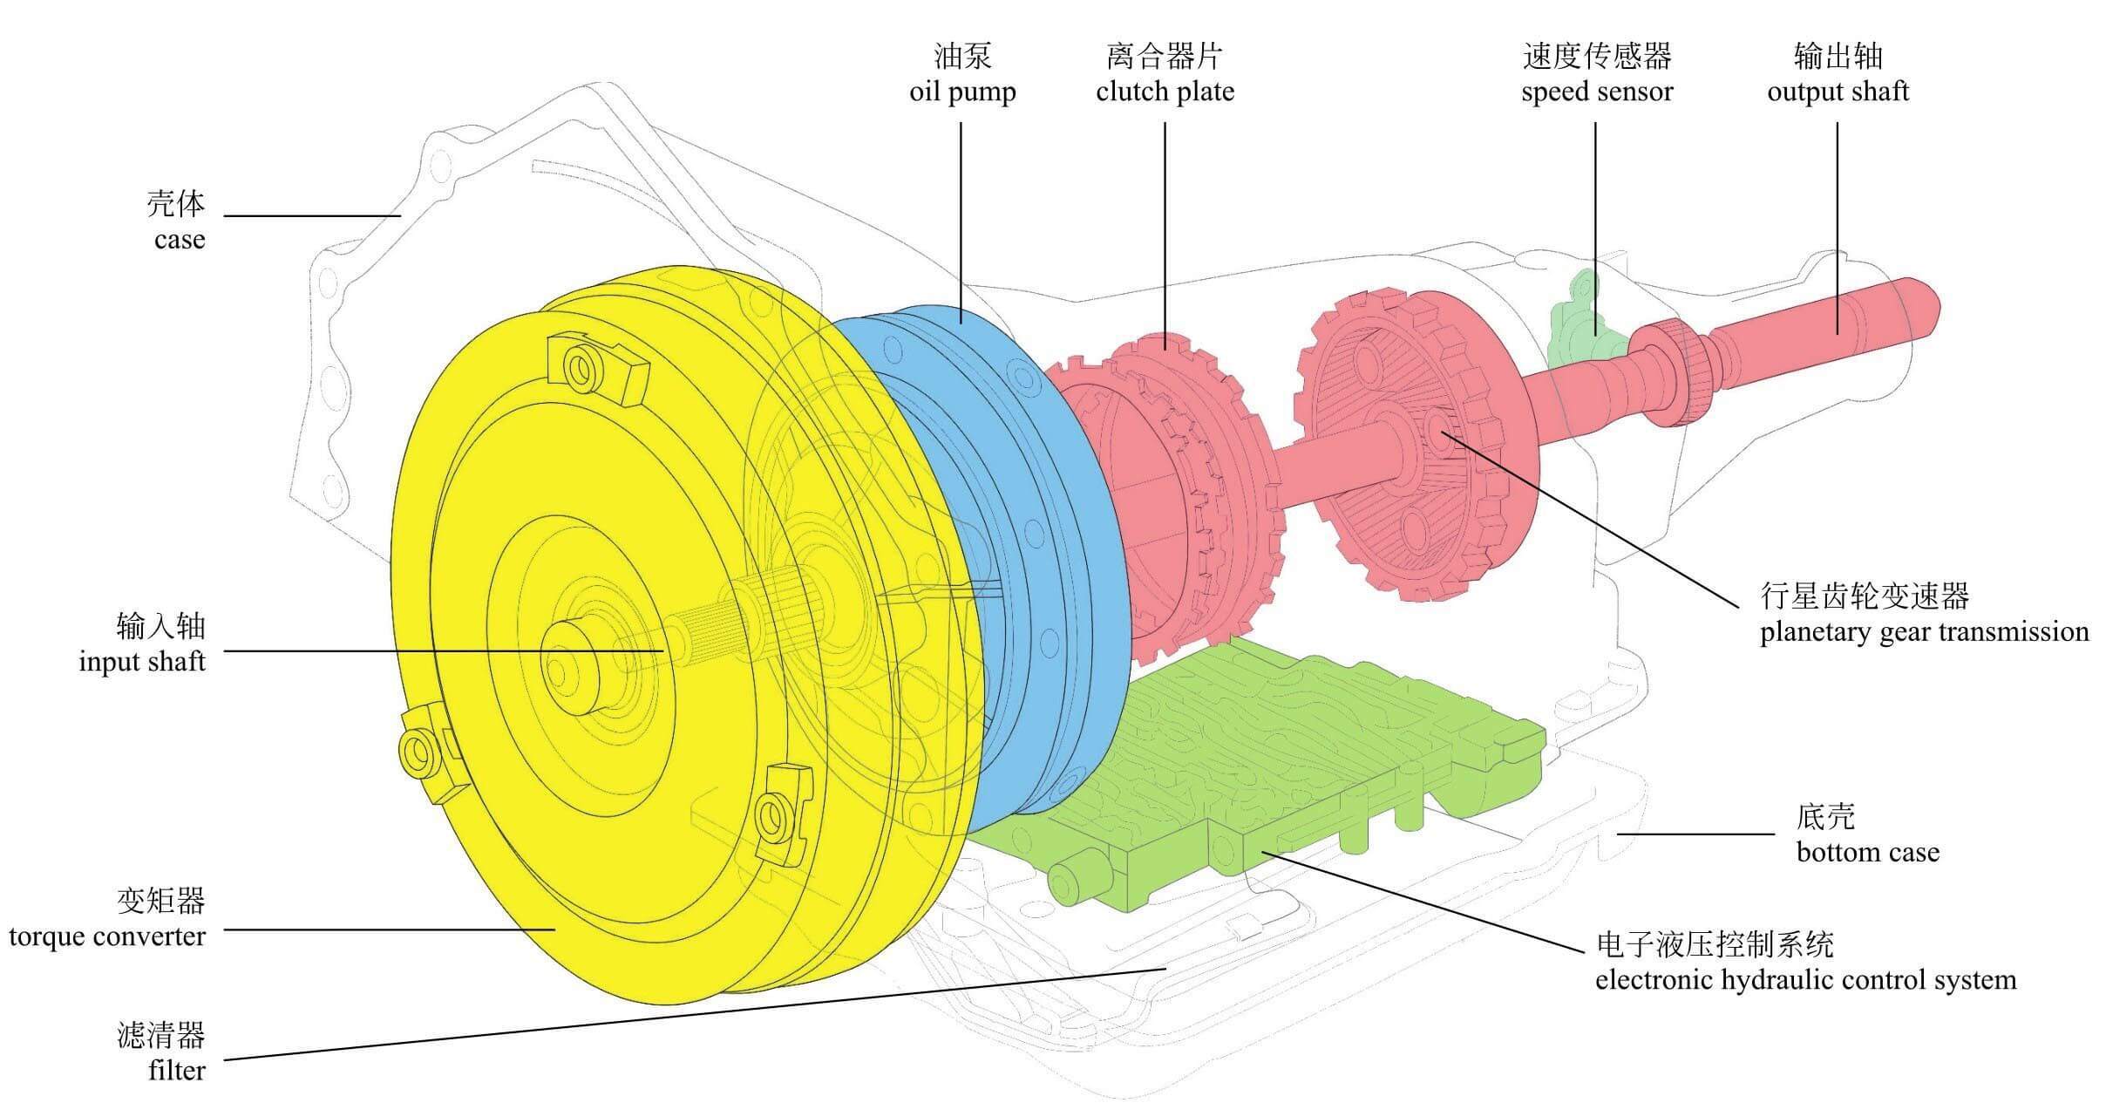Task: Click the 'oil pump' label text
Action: [962, 92]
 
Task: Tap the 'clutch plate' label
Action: [1165, 92]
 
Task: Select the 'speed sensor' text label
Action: [1596, 92]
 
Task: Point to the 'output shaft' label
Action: [1838, 92]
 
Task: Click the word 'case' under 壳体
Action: [180, 240]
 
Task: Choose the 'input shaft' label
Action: [142, 662]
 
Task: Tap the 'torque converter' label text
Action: [107, 937]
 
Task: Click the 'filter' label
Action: [177, 1071]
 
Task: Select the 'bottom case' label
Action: [1867, 852]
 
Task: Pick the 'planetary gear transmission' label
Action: [1924, 631]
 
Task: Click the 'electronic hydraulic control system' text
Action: [1805, 980]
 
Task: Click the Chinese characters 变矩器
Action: [160, 901]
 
